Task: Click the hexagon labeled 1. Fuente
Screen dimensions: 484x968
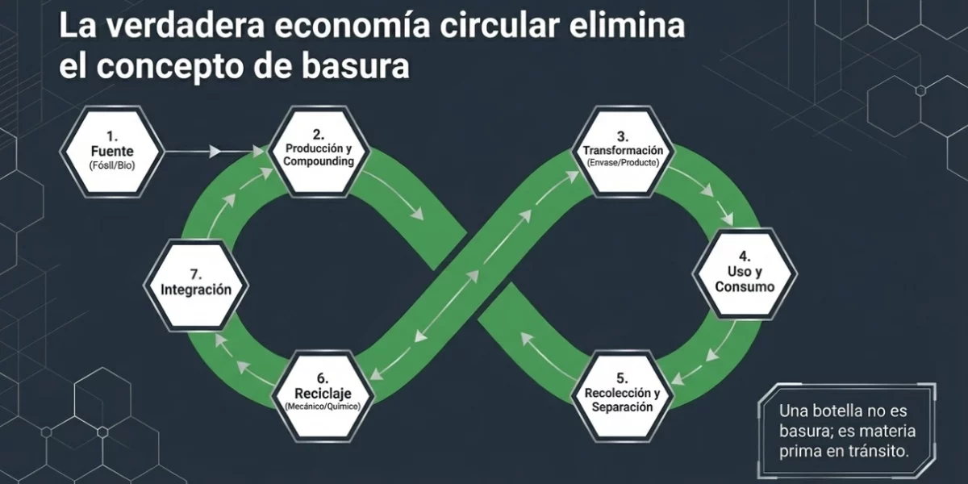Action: pos(113,151)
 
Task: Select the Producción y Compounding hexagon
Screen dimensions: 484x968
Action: pos(320,150)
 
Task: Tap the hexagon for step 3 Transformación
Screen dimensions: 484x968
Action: pos(623,151)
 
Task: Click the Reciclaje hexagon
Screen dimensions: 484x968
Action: pos(322,394)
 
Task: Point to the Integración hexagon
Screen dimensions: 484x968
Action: pos(196,283)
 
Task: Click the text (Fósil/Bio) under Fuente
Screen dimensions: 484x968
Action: pos(113,166)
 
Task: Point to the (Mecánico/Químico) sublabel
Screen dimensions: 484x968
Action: pos(322,407)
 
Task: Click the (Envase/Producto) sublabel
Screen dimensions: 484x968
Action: pos(623,163)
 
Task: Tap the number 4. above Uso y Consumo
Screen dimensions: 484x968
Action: pos(745,257)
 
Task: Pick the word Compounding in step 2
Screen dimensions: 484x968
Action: pos(320,161)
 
